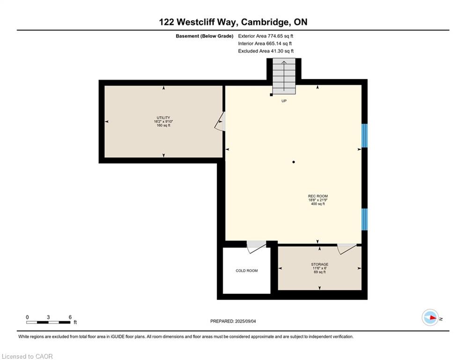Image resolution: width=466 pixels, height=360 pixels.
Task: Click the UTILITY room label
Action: [x=163, y=118]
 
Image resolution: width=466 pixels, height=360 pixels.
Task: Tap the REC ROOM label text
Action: [x=318, y=196]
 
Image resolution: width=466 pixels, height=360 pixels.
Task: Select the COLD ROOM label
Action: [x=247, y=271]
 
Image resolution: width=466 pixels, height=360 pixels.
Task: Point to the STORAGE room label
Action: [x=320, y=264]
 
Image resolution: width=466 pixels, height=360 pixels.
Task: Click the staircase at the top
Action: [x=284, y=76]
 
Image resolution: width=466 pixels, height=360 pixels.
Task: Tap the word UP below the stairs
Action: [x=284, y=101]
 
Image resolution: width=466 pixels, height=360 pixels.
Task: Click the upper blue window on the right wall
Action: [x=364, y=135]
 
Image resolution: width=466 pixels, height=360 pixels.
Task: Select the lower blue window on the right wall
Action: [x=364, y=219]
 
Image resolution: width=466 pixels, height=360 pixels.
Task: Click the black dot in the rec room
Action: [x=294, y=162]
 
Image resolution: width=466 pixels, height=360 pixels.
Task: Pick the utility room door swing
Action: [x=220, y=121]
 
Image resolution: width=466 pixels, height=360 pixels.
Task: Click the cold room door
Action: [x=256, y=247]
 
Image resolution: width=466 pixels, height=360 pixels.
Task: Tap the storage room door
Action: [x=347, y=249]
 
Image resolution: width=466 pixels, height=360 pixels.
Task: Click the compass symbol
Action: [x=430, y=318]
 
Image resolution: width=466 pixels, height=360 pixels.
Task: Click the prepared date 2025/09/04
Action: [x=245, y=321]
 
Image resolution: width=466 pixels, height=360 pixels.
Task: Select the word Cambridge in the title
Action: [x=264, y=22]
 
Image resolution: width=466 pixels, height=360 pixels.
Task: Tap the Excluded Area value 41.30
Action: [x=276, y=51]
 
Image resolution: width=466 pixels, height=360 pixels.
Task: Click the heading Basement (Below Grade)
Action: [x=205, y=36]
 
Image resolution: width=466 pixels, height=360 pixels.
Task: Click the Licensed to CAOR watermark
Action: [x=27, y=356]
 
